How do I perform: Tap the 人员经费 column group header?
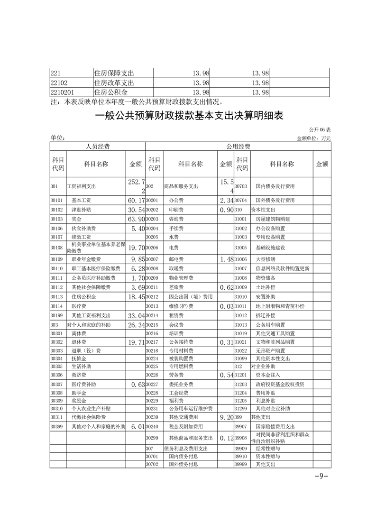[x=98, y=147]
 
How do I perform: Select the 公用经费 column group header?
[x=238, y=147]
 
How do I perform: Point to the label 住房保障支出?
[x=114, y=73]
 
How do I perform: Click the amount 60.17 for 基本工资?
[x=136, y=200]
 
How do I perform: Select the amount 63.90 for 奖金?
[x=136, y=219]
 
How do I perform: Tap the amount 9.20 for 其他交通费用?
[x=225, y=417]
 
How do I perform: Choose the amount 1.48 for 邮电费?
[x=225, y=259]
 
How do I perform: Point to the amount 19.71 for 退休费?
[x=136, y=342]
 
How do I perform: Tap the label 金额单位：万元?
[x=313, y=138]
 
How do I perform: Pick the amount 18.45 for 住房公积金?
[x=136, y=297]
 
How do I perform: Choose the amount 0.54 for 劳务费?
[x=225, y=375]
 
